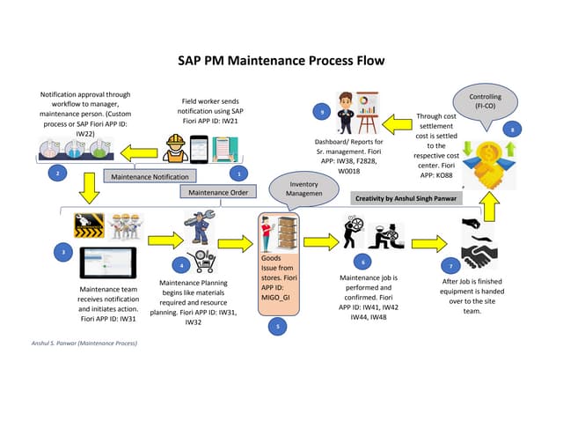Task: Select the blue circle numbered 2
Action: point(57,173)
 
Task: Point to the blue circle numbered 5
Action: point(277,325)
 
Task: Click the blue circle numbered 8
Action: point(514,129)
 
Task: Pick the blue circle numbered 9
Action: point(324,112)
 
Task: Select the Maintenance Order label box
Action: point(214,191)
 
